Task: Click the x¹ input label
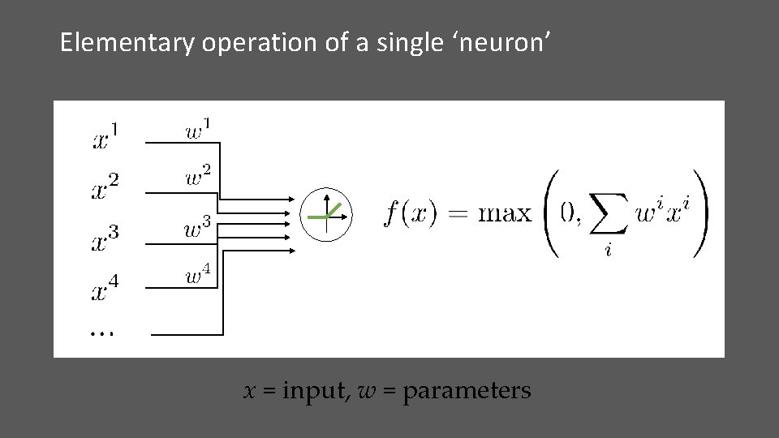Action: coord(105,135)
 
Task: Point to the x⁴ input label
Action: coord(105,286)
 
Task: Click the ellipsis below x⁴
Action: coord(101,332)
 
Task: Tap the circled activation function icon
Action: coord(326,214)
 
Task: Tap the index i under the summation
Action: coord(608,251)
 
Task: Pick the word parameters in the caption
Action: coord(467,392)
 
